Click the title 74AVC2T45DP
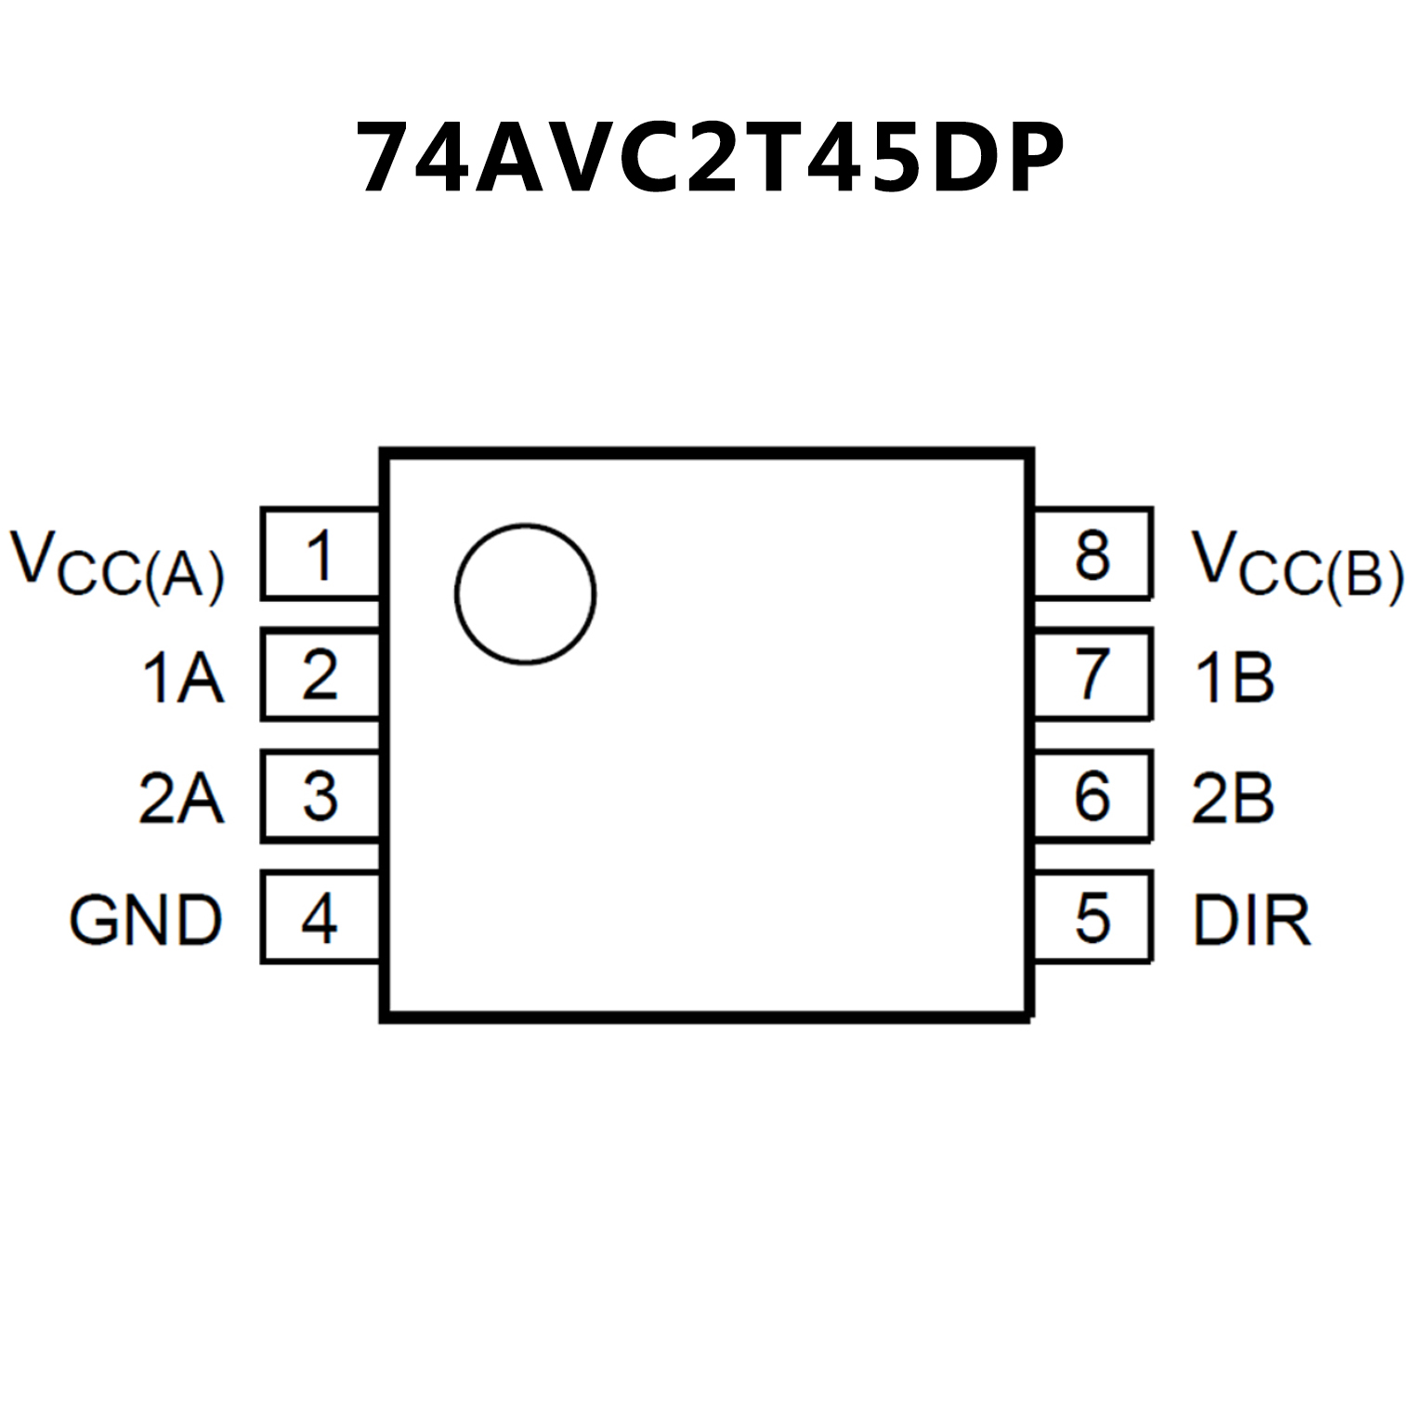click(711, 158)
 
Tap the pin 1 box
click(321, 555)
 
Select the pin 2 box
click(321, 675)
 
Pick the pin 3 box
click(321, 797)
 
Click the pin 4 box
click(321, 918)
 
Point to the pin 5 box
click(1092, 918)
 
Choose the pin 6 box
click(1092, 796)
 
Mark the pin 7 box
click(1092, 675)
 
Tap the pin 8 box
click(1092, 555)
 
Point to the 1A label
click(182, 677)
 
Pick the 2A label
click(181, 798)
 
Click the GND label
click(146, 920)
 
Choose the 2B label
click(1233, 798)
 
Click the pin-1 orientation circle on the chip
click(525, 595)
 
